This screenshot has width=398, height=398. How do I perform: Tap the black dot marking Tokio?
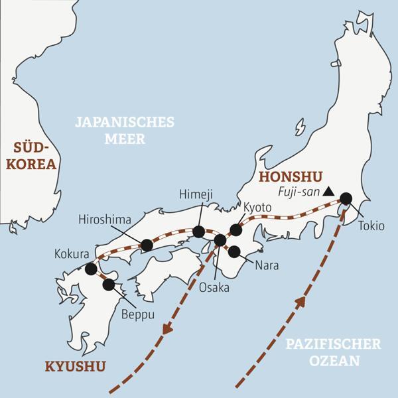346,198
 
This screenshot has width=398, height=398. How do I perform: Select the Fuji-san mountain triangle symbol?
327,192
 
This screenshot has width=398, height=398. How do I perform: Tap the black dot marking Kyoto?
235,230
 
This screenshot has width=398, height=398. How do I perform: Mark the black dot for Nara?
234,251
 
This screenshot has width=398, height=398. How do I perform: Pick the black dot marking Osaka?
220,239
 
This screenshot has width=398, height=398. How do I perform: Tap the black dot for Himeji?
198,232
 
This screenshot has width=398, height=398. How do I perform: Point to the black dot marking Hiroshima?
147,245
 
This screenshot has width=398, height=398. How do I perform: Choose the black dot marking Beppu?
108,285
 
